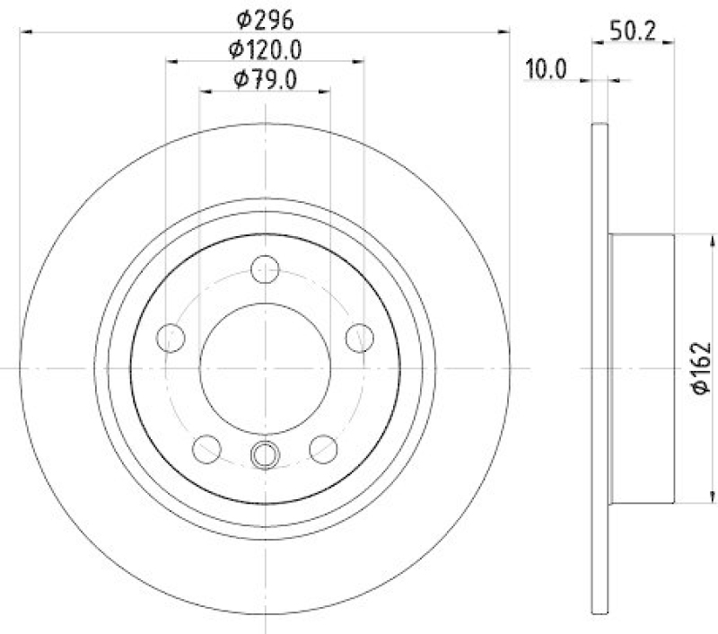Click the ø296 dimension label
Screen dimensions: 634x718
click(265, 17)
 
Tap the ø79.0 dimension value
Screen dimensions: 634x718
click(265, 80)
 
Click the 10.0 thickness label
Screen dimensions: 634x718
click(547, 69)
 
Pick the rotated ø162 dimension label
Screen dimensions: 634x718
click(701, 367)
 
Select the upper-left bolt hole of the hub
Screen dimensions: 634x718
click(170, 338)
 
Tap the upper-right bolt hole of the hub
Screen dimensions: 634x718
click(360, 338)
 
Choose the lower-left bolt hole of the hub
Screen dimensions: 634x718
click(207, 447)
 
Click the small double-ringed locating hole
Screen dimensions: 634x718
click(265, 456)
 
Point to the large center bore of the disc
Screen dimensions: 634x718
click(265, 368)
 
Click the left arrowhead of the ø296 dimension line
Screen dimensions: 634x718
click(25, 31)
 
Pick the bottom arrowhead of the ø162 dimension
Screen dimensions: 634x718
click(714, 498)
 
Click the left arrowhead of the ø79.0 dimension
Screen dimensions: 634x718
click(204, 92)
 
